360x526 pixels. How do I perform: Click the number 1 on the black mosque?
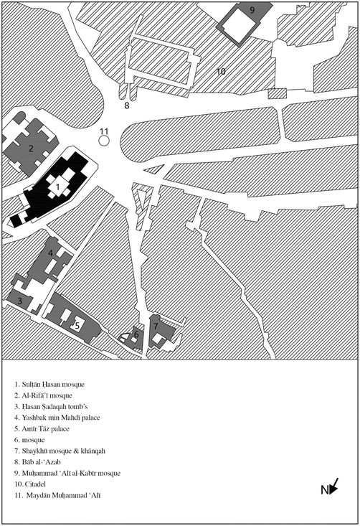coord(57,187)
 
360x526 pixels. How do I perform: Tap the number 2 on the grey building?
coord(31,149)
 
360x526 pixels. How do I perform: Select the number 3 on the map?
coord(20,301)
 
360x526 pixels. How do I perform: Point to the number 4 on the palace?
coord(50,253)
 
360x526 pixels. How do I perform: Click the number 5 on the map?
coord(77,325)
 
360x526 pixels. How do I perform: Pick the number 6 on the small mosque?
coord(136,334)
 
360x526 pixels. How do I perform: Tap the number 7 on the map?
coord(156,326)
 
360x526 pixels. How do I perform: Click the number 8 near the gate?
coord(127,105)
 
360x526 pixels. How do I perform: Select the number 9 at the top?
coord(252,10)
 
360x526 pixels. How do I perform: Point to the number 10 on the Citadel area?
coord(221,71)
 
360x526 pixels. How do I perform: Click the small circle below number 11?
coord(104,141)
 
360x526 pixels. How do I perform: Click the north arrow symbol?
coord(334,486)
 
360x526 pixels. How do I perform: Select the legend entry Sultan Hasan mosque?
coord(49,385)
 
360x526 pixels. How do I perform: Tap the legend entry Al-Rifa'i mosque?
coord(43,395)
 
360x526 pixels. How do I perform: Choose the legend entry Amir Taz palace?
coord(42,428)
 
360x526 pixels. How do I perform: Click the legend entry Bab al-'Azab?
coord(37,462)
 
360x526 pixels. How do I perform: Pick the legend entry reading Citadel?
coord(30,484)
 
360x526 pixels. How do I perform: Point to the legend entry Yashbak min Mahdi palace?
coord(57,418)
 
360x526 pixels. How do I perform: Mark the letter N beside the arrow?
coord(324,490)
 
